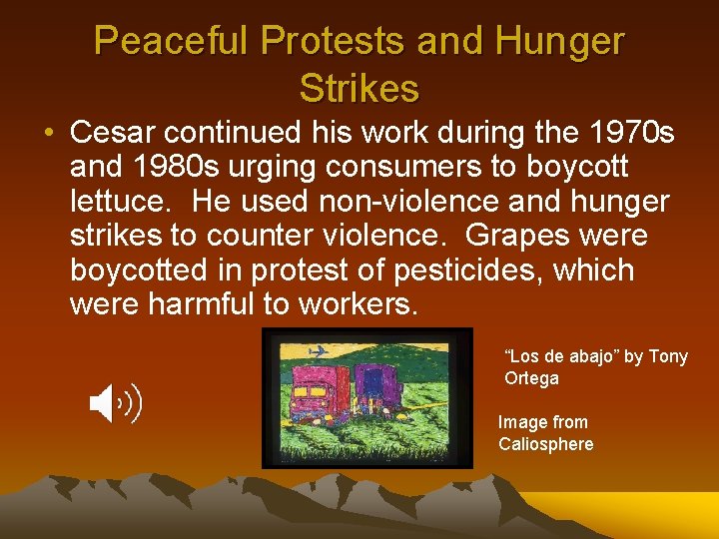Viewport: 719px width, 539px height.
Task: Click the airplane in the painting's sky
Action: [320, 351]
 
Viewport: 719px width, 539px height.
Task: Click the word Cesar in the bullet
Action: [117, 132]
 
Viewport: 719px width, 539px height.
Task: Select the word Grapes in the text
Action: [511, 237]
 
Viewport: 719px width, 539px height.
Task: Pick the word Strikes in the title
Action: [359, 88]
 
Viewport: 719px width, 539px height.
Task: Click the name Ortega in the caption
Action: [531, 378]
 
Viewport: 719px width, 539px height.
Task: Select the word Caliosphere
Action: [545, 444]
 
